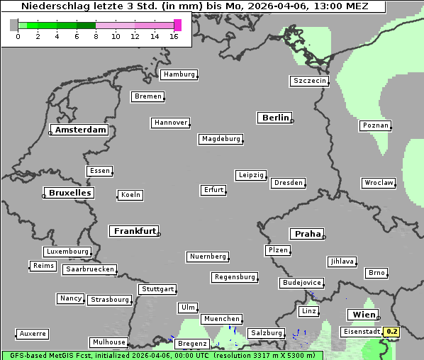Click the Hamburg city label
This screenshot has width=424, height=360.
179,74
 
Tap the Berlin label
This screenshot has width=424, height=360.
275,118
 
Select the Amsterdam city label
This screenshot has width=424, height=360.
80,130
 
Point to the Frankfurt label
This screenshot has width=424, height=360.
135,231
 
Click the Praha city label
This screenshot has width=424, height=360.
308,234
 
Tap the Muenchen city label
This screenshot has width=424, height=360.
221,320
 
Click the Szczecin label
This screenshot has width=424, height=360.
310,81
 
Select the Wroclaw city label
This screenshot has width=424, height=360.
378,183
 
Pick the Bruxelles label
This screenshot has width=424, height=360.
69,193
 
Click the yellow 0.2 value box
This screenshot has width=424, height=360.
392,331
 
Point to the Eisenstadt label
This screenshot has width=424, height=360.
361,332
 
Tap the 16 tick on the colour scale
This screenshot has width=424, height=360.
174,36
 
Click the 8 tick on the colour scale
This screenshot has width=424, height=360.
96,36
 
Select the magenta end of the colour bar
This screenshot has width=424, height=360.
177,25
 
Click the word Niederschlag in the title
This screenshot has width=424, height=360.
50,6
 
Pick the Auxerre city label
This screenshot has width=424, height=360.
33,333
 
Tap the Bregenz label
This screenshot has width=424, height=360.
191,344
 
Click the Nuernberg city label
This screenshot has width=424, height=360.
208,257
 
